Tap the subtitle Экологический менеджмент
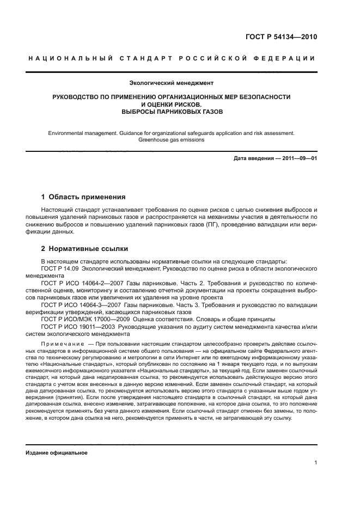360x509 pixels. [171, 83]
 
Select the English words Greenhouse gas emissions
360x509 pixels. [171, 139]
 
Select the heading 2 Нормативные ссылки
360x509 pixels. [85, 249]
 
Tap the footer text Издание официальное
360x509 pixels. [56, 452]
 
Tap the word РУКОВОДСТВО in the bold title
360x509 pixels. [77, 97]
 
